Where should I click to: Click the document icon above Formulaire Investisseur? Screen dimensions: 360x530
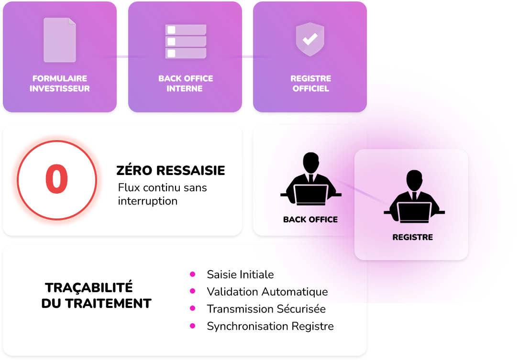click(x=60, y=40)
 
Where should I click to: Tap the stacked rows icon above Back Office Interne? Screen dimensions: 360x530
click(x=186, y=41)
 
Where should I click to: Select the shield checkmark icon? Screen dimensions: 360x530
click(x=310, y=39)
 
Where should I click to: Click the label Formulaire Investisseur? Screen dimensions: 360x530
click(x=60, y=83)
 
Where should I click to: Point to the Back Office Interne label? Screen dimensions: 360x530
click(x=186, y=83)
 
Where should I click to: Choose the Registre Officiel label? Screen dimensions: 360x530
click(x=310, y=83)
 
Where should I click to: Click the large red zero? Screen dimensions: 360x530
click(x=56, y=179)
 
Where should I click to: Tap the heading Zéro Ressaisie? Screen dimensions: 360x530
click(x=171, y=171)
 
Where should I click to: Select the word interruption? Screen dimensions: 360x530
click(x=147, y=201)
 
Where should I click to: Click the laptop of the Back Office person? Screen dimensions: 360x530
click(x=310, y=194)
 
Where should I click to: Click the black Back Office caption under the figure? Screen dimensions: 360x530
click(x=310, y=219)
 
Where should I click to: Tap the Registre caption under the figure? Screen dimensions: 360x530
click(x=412, y=237)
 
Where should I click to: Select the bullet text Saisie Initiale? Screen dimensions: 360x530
click(x=240, y=274)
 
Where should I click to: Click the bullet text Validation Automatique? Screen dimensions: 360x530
click(x=267, y=292)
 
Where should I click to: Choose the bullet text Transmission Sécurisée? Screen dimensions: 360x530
click(x=266, y=309)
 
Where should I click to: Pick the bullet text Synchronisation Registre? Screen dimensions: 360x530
click(x=270, y=326)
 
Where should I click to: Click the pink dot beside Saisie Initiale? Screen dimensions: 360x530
click(x=193, y=274)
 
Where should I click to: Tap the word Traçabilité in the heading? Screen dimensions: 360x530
click(x=89, y=287)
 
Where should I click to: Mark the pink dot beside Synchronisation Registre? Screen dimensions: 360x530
click(x=193, y=326)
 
